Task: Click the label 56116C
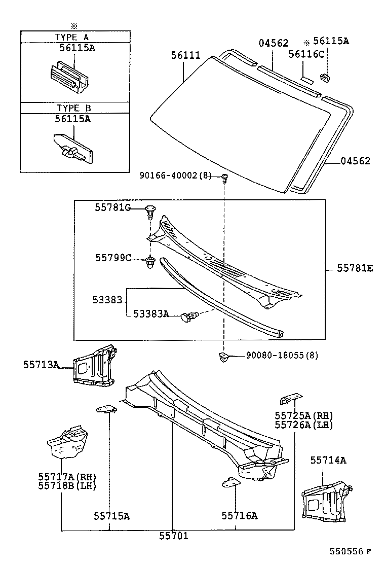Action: pos(306,54)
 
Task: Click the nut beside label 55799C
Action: pos(149,263)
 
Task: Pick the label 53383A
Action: pos(151,314)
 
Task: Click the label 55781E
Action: pos(355,268)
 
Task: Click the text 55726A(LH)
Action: pos(304,425)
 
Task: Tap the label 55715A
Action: pos(111,516)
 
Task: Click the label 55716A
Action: pos(239,516)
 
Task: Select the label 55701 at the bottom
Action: pos(173,536)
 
